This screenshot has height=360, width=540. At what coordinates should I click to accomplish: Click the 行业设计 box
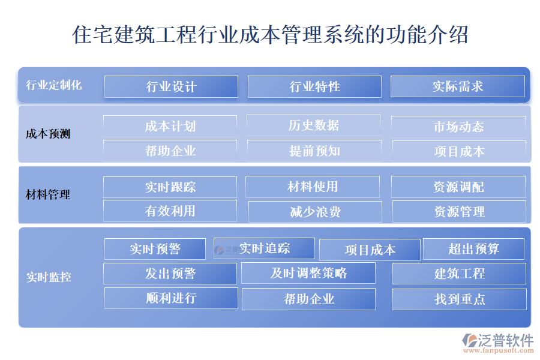(171, 86)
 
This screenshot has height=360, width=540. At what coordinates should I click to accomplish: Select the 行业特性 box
(314, 86)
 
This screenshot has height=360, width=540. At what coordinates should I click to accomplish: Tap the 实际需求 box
(458, 86)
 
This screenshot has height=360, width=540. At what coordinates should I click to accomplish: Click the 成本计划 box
(170, 126)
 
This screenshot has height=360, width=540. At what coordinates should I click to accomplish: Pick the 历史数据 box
(313, 125)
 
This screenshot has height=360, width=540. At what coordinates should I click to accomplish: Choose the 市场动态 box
(458, 127)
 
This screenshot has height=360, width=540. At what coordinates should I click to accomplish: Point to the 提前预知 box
(314, 151)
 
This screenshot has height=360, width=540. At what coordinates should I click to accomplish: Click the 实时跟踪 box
(170, 187)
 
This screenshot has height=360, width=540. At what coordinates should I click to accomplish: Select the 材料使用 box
(313, 187)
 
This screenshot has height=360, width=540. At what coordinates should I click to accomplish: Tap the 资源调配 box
(458, 187)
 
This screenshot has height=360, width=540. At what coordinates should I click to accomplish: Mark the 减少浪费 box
(315, 212)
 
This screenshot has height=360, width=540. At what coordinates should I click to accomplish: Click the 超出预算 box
(473, 249)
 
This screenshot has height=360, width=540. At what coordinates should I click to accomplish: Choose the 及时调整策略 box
(308, 273)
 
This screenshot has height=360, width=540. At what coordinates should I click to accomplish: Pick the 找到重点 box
(460, 299)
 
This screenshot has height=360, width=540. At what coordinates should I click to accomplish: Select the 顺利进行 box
(171, 298)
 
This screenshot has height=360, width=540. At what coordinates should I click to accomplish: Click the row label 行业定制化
(54, 85)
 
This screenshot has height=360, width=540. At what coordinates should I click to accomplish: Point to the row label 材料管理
(48, 194)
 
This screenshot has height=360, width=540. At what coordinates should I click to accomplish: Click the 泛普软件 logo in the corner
(497, 343)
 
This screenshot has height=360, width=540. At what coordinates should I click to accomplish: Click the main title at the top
(270, 34)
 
